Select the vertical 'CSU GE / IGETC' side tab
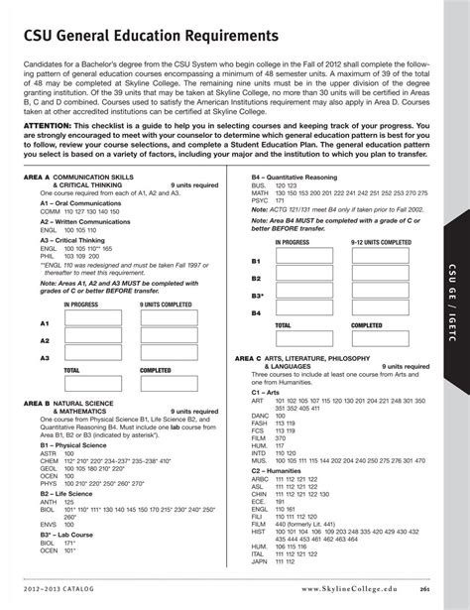pyautogui.click(x=457, y=298)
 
